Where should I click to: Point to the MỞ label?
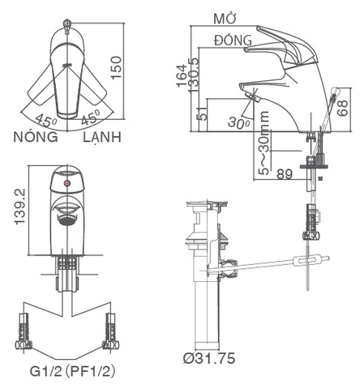pos(225,18)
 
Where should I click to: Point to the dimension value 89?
pos(285,173)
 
